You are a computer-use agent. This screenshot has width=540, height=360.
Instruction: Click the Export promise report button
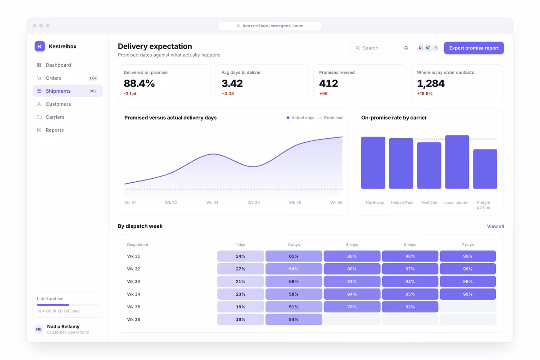[474, 48]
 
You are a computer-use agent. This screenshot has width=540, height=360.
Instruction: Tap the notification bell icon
[406, 48]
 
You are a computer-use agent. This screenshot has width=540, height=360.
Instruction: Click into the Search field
[373, 48]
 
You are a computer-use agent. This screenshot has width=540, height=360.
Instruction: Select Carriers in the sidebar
[55, 117]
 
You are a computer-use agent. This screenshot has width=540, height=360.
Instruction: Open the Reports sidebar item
[54, 130]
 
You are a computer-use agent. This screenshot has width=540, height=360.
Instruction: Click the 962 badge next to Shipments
[93, 91]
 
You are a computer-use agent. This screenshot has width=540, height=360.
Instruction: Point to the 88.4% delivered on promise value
[139, 83]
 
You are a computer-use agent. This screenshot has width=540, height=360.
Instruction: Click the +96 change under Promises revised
[323, 94]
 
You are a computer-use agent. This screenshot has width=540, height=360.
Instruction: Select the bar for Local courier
[457, 162]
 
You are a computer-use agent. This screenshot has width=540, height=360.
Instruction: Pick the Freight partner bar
[485, 169]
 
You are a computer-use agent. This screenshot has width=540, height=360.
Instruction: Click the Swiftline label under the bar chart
[429, 202]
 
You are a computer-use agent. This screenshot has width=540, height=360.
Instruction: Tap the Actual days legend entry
[301, 117]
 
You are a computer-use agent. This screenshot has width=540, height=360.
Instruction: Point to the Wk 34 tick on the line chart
[254, 202]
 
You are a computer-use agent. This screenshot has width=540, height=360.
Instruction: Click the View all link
[495, 226]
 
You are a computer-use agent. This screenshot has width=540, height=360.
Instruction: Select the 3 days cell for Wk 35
[352, 307]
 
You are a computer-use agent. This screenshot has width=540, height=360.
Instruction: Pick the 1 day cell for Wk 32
[241, 269]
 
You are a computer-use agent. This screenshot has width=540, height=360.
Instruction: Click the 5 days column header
[410, 245]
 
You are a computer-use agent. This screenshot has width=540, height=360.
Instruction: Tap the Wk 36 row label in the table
[134, 319]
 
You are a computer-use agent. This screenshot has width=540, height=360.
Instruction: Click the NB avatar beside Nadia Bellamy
[39, 329]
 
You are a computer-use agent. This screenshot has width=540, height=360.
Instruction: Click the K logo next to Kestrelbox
[40, 46]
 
